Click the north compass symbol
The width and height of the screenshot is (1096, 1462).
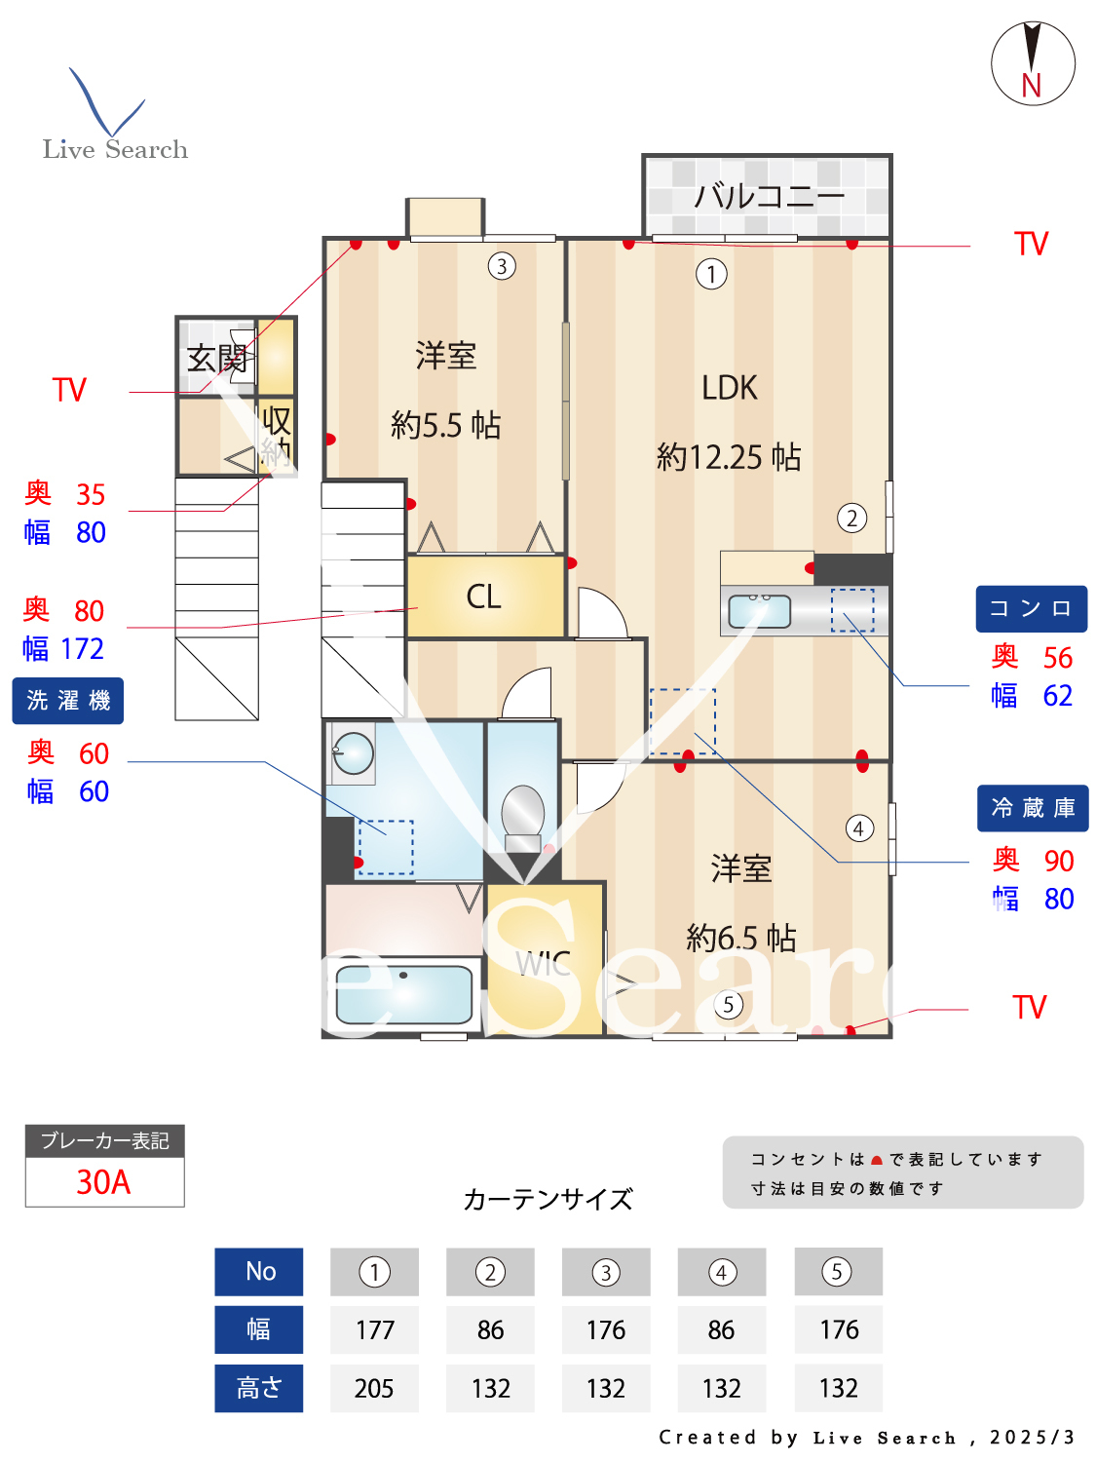point(1033,64)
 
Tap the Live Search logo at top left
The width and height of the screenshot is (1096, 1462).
point(114,117)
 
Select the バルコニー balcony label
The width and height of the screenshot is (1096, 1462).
point(769,196)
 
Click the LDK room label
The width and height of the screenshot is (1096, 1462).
point(729,388)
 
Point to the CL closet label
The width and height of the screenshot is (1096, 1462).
point(483,596)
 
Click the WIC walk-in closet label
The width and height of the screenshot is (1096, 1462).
point(543,964)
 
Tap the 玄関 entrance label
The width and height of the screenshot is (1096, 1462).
point(216,358)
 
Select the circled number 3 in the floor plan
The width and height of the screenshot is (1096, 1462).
point(501,266)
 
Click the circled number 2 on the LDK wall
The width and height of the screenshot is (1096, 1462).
point(851,518)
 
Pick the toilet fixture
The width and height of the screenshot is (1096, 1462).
point(523,815)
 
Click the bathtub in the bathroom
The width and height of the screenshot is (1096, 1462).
point(403,993)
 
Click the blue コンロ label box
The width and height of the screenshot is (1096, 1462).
point(1031,609)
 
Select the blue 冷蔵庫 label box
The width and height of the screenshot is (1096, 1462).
point(1032,808)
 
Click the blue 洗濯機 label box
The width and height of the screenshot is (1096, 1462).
point(68,701)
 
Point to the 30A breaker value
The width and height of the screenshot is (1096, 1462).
point(104,1182)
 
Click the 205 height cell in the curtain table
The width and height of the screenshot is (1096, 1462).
point(374,1388)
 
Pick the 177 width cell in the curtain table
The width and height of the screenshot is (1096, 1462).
point(374,1329)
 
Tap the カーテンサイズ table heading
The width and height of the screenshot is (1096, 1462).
point(548,1199)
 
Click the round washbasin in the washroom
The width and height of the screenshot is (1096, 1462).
point(354,752)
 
